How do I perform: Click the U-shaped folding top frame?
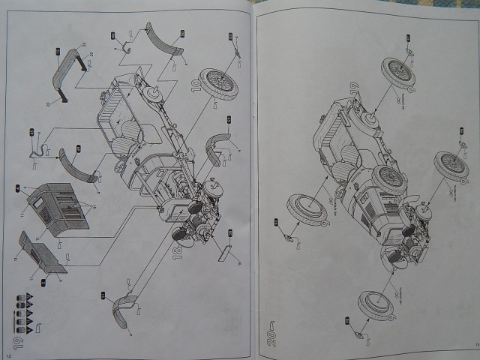pos(70,67)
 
